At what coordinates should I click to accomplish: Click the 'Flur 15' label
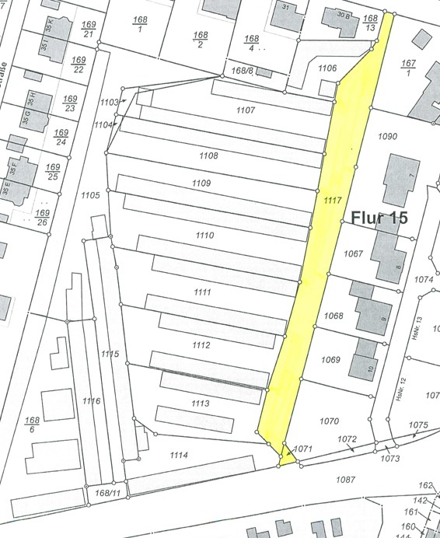(379, 218)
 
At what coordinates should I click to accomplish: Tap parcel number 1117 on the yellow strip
(332, 201)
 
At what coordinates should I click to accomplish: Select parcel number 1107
(245, 111)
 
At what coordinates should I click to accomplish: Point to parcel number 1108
(208, 156)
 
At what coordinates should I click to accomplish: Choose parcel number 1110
(204, 235)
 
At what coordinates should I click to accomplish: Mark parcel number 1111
(202, 292)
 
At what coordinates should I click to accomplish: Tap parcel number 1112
(201, 345)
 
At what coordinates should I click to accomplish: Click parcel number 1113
(200, 403)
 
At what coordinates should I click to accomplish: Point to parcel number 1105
(89, 195)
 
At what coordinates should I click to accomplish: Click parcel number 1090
(387, 137)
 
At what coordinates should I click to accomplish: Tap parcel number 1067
(354, 253)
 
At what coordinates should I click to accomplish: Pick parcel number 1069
(331, 359)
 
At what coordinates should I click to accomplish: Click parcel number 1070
(329, 421)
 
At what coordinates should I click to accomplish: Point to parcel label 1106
(327, 68)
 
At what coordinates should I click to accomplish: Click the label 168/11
(107, 493)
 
